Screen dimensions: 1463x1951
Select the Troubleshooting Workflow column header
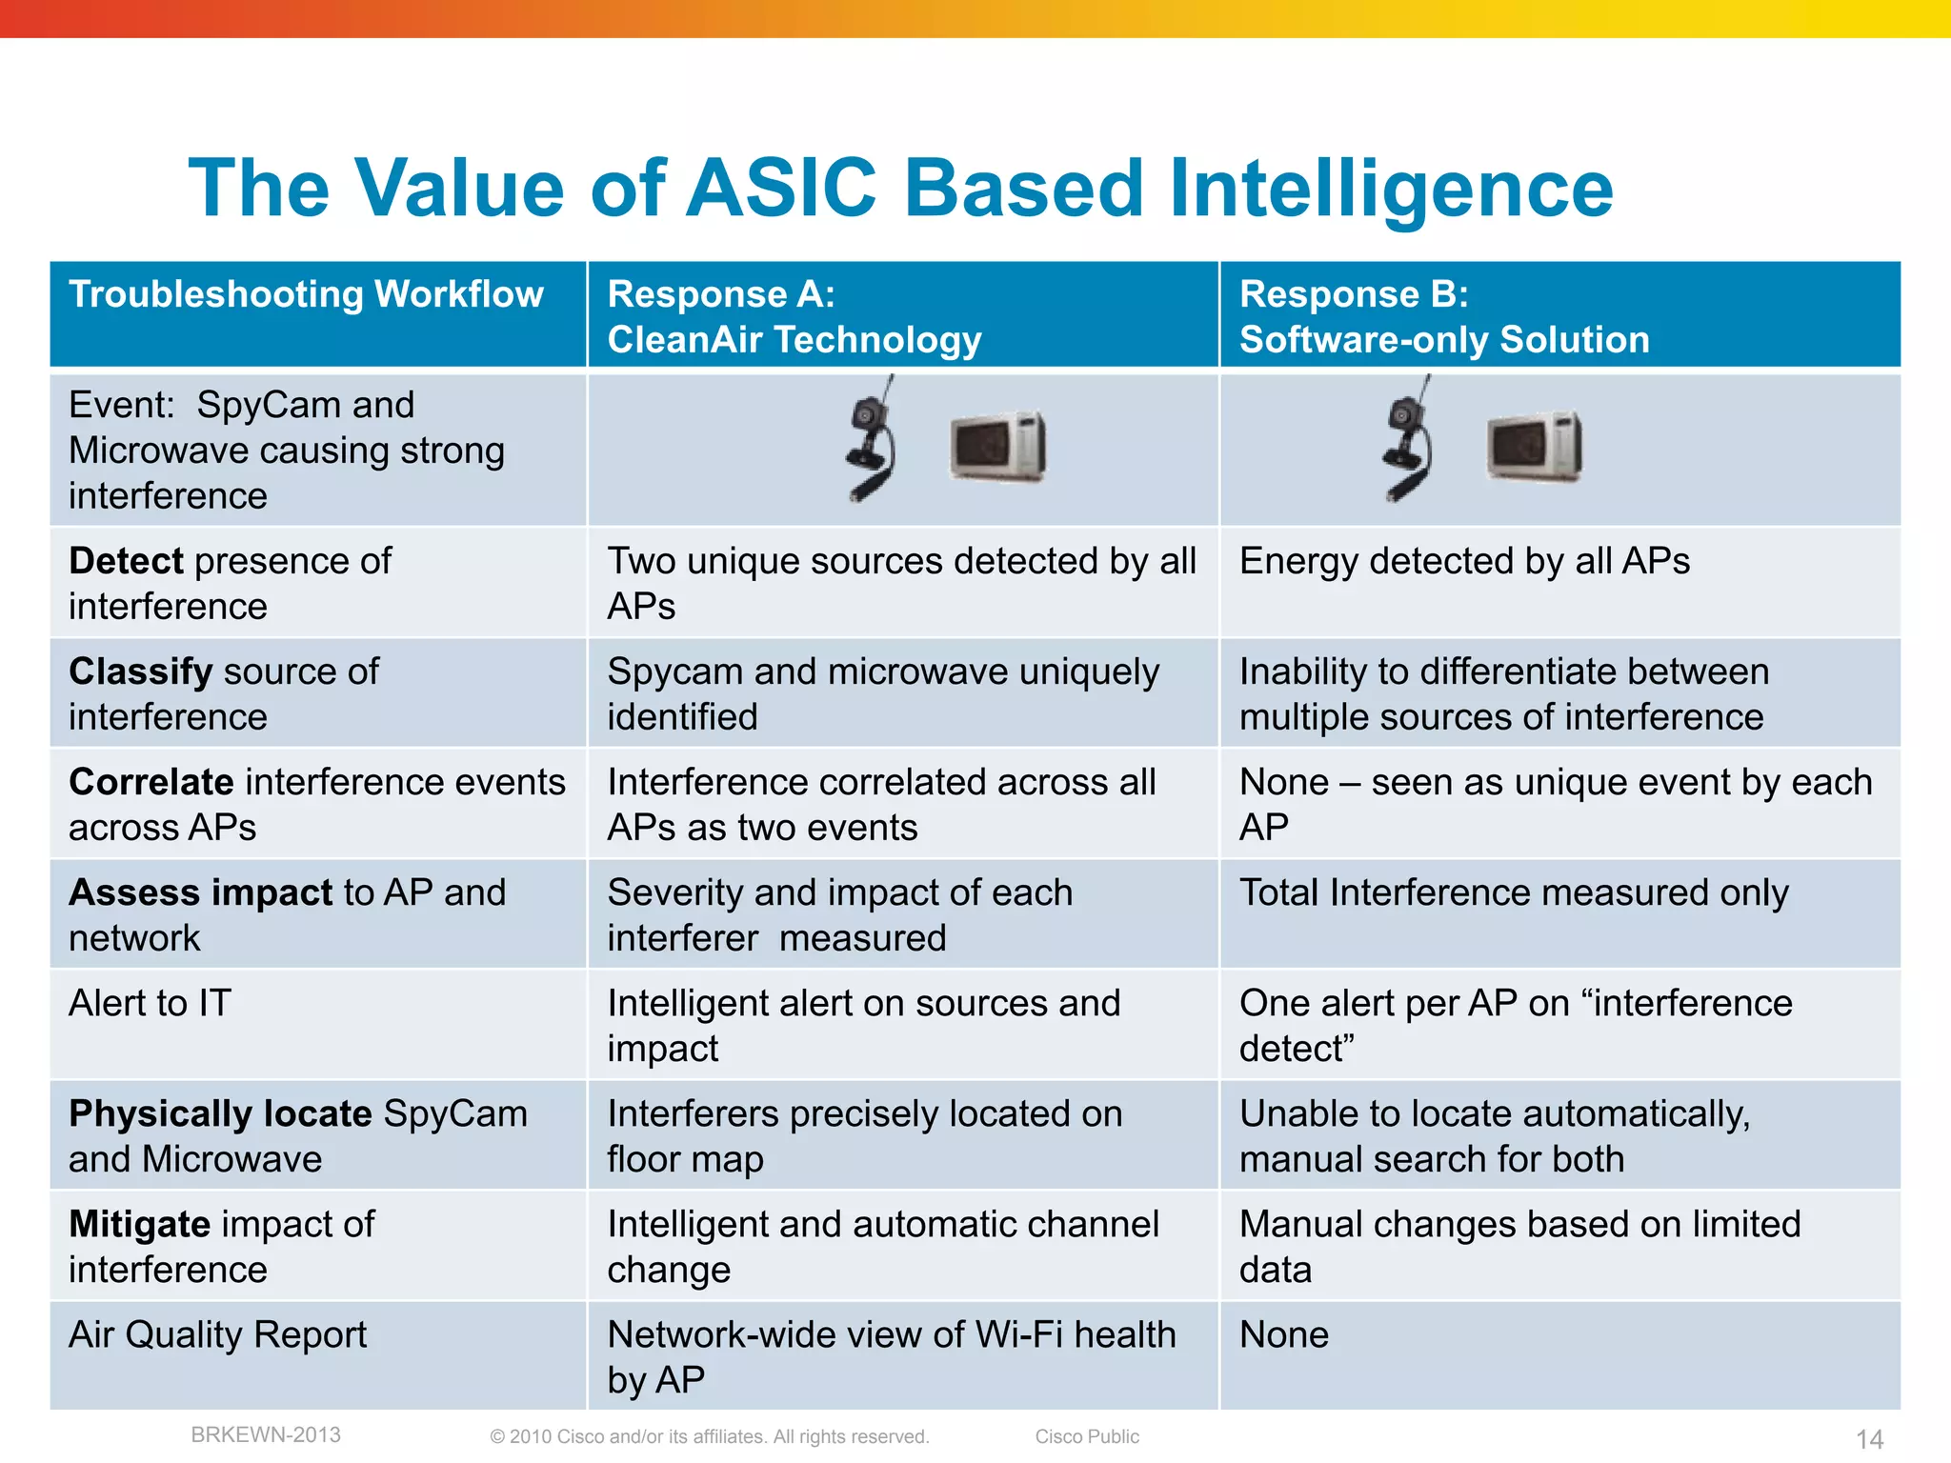[x=306, y=294]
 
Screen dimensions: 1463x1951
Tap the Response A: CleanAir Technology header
[x=794, y=316]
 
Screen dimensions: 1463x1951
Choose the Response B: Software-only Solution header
[x=1444, y=316]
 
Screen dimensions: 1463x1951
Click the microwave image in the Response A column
[x=997, y=446]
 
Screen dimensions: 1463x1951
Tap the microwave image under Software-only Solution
[x=1534, y=446]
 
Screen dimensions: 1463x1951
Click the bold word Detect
[x=126, y=561]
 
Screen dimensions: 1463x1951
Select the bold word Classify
[x=140, y=671]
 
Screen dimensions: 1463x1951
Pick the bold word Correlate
[x=151, y=782]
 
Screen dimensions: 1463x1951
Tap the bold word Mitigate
[x=139, y=1224]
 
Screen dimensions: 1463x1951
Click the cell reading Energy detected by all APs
[x=1464, y=561]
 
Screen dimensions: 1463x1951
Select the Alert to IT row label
[x=150, y=1003]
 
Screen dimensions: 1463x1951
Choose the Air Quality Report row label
[x=217, y=1334]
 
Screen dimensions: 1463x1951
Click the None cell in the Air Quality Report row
[x=1283, y=1334]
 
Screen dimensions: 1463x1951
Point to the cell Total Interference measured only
[x=1514, y=892]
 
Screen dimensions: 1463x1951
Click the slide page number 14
[x=1869, y=1438]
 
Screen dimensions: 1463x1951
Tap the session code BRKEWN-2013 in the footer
[x=266, y=1434]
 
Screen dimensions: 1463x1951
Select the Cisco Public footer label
[x=1087, y=1436]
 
